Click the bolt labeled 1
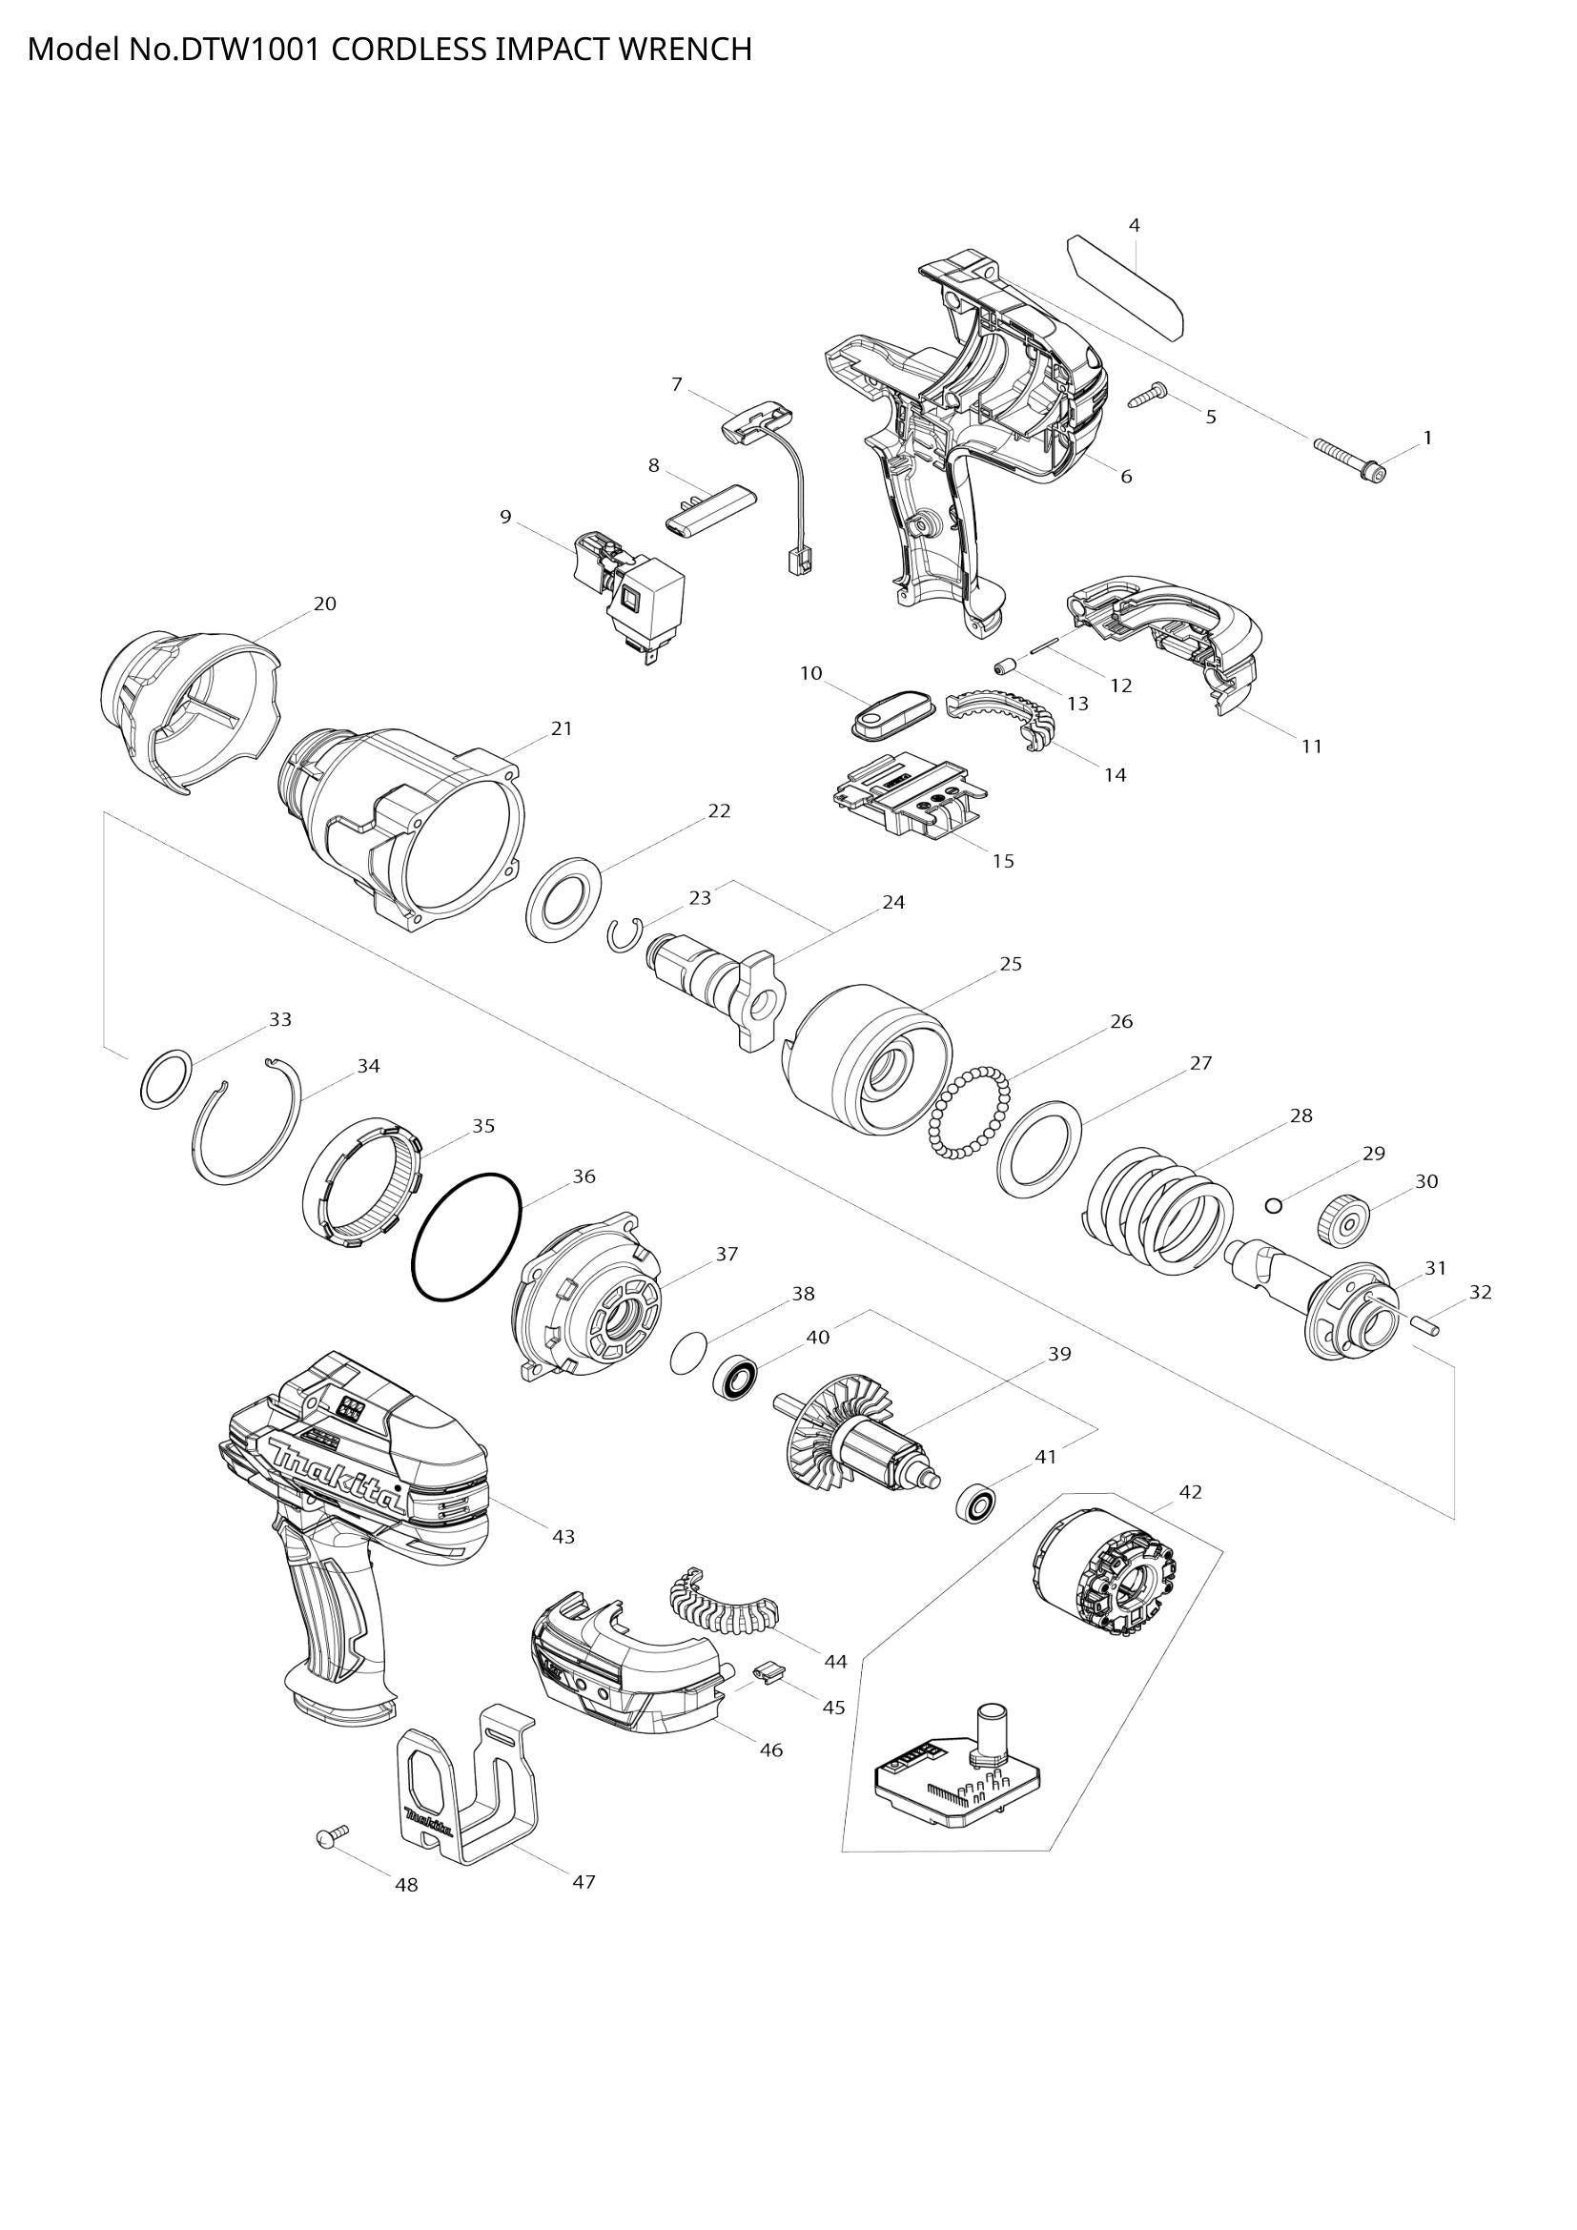1350,460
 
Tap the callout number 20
325,604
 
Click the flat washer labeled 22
563,897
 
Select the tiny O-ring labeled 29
1274,1206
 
